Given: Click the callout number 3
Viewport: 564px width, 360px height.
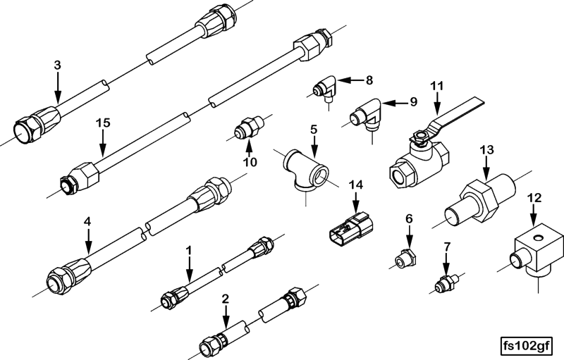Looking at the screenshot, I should [58, 65].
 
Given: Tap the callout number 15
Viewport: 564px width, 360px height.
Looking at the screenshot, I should [103, 123].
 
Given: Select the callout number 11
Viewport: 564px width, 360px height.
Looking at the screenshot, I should [438, 86].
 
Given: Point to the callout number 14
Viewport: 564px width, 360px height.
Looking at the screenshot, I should [356, 185].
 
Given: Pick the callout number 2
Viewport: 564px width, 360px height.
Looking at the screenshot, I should [226, 299].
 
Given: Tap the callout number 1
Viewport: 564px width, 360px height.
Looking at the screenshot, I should [188, 250].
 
